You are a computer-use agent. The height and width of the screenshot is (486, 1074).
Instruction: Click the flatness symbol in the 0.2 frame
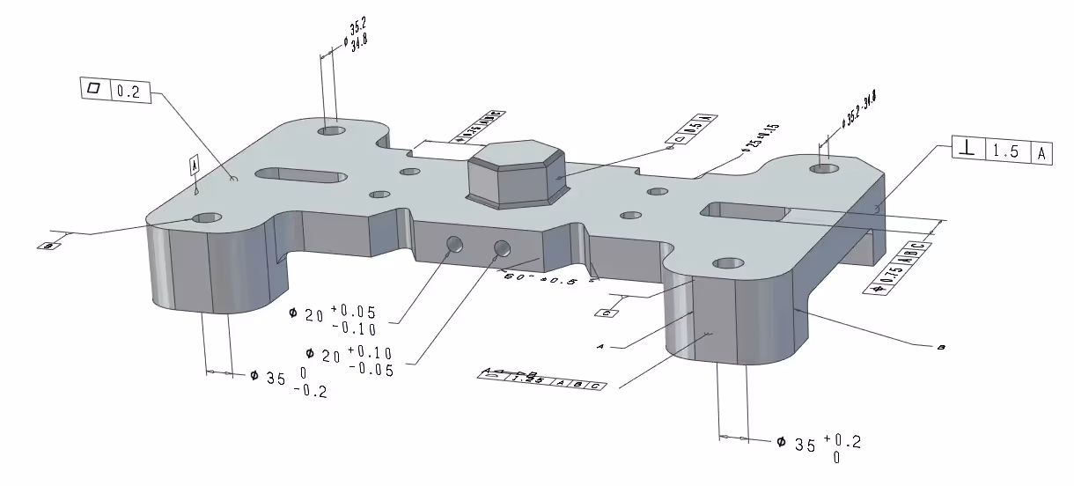[x=93, y=89]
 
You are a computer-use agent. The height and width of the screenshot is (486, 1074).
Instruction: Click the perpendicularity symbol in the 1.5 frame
[x=967, y=151]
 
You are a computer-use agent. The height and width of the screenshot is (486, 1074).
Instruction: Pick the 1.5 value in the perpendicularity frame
[x=1004, y=151]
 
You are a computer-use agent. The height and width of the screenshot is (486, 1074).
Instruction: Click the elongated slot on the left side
[x=300, y=175]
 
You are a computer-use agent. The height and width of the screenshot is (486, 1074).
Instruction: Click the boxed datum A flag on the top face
[x=194, y=165]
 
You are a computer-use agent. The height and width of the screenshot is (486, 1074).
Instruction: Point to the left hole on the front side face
[x=455, y=244]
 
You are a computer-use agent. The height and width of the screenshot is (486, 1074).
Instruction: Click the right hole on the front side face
[x=502, y=248]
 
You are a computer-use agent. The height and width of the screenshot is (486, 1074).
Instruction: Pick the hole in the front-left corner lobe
[x=207, y=217]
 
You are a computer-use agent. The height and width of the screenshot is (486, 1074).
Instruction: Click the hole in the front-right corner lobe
[x=728, y=263]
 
